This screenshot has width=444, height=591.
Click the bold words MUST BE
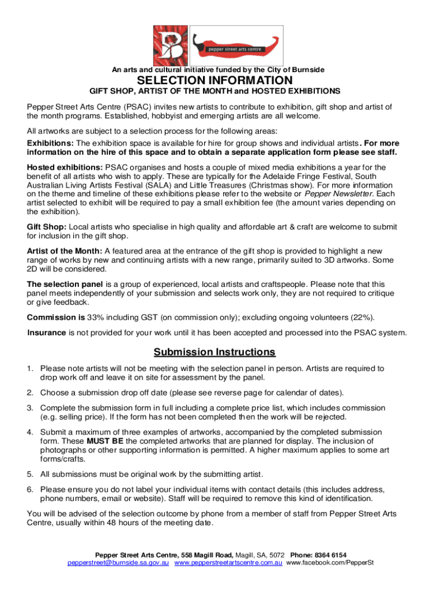(x=86, y=442)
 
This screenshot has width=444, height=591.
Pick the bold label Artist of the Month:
(x=65, y=250)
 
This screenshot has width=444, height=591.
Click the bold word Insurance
(x=47, y=332)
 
